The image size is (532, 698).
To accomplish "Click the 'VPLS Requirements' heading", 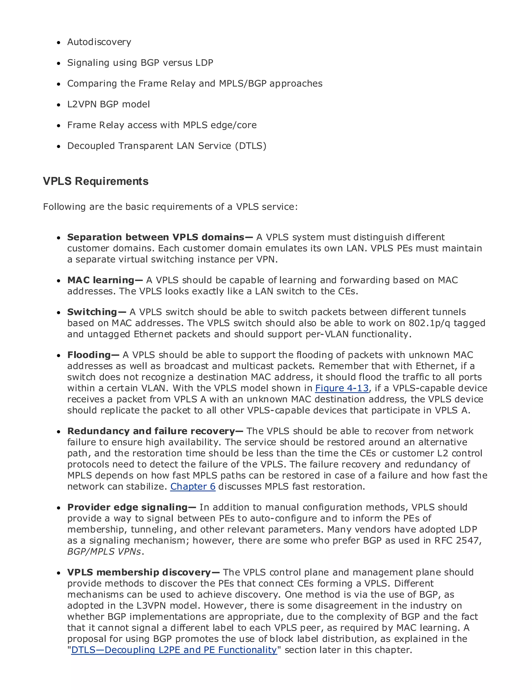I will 96,182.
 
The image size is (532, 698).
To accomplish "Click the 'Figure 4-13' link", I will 342,388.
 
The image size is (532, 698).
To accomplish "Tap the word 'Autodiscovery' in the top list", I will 99,42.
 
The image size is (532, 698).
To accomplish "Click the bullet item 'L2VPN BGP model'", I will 108,104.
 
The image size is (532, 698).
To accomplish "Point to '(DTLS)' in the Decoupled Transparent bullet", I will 250,146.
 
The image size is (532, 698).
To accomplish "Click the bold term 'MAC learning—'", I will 105,280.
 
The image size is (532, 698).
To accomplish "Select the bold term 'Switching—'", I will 97,312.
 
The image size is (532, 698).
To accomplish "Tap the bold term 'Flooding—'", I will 93,355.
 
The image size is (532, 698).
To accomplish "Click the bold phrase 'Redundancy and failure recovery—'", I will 155,431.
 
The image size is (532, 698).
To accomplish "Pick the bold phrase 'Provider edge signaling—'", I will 132,507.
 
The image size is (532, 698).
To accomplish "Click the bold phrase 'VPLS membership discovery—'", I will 143,572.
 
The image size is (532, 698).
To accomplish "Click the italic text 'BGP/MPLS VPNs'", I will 104,552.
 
